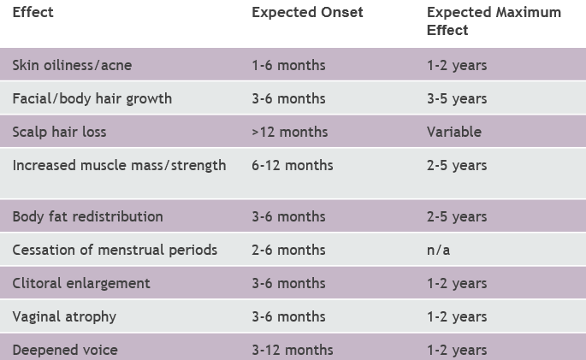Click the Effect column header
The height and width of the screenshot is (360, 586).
coord(33,12)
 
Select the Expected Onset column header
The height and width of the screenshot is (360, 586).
coord(307,12)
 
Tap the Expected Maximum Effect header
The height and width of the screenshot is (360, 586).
coord(494,21)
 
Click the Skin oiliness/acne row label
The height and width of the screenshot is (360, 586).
coord(72,65)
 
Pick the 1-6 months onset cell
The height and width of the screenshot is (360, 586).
coord(288,65)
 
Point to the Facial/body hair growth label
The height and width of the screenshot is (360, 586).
coord(92,99)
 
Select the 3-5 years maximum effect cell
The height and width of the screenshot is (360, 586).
coord(457,99)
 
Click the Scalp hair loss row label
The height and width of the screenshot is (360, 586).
coord(59,133)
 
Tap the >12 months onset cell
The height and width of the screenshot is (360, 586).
coord(290,133)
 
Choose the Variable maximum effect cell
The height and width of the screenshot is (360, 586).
coord(454,133)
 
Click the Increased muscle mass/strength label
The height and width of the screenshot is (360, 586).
coord(119,165)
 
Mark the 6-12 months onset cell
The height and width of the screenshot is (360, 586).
coord(293,165)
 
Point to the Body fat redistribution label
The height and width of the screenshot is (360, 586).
coord(87,216)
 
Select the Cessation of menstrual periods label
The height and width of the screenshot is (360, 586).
coord(115,251)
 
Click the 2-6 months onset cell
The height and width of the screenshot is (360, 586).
coord(288,251)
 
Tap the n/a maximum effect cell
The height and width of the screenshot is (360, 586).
coord(438,251)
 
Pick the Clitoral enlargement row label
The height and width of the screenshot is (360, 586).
coord(81,283)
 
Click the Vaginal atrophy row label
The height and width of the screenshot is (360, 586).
coord(64,317)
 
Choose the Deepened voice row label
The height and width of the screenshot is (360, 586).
coord(65,351)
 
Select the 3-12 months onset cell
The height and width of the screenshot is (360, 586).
coord(293,351)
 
